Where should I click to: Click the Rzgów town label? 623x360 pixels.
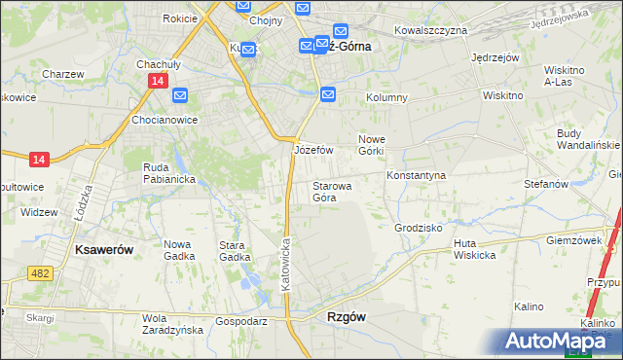coord(346,318)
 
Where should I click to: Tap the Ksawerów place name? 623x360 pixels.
coord(103,250)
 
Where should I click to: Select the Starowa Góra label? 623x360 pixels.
coord(332,191)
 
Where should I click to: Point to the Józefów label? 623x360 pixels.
coord(313,151)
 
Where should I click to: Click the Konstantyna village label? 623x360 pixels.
coord(416,175)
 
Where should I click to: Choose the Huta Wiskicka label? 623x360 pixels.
coord(474,249)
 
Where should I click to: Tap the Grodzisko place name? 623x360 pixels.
coord(419,228)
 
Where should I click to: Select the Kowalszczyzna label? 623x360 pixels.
coord(431,31)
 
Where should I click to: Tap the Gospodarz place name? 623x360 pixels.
coord(241,320)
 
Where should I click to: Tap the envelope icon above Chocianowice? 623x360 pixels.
coord(181,96)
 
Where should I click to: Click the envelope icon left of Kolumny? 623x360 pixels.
coord(328,94)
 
